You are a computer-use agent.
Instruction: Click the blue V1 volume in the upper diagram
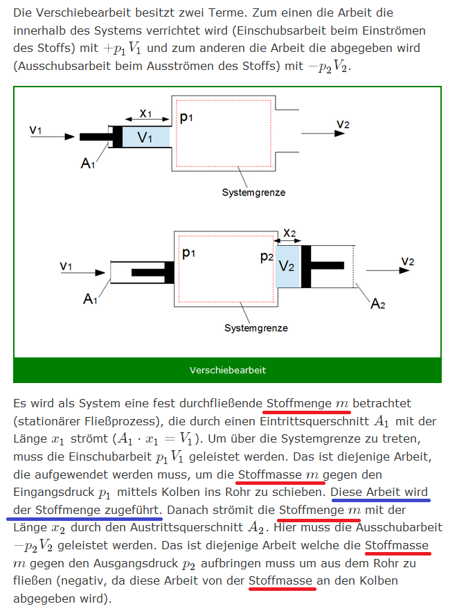[146, 137]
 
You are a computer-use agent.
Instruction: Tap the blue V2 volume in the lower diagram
[288, 266]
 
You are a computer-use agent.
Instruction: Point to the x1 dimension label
[145, 114]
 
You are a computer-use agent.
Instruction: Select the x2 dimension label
[289, 233]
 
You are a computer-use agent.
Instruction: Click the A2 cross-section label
[377, 303]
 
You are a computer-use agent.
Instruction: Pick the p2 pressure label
[267, 256]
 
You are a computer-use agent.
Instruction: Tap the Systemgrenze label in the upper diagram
[253, 193]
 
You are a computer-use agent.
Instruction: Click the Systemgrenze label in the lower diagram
[256, 328]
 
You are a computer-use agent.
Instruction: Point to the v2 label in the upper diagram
[343, 124]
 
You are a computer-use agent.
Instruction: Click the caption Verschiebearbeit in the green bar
[228, 370]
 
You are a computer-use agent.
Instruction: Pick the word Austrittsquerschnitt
[186, 527]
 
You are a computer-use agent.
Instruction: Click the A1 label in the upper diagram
[88, 163]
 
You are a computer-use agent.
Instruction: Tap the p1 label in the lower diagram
[188, 253]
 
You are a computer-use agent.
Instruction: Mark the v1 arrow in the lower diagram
[83, 272]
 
